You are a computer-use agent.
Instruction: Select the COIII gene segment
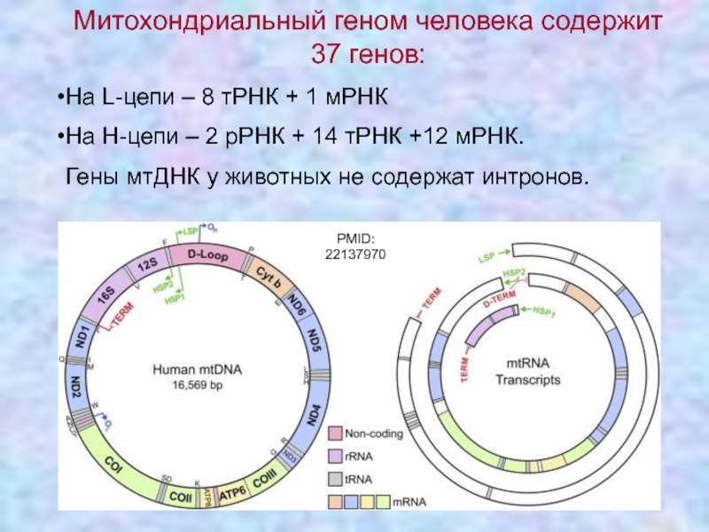pyautogui.click(x=263, y=482)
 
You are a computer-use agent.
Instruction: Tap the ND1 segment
pyautogui.click(x=81, y=339)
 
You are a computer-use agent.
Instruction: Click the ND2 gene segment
pyautogui.click(x=76, y=387)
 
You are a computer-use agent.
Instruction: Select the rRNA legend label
pyautogui.click(x=359, y=456)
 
